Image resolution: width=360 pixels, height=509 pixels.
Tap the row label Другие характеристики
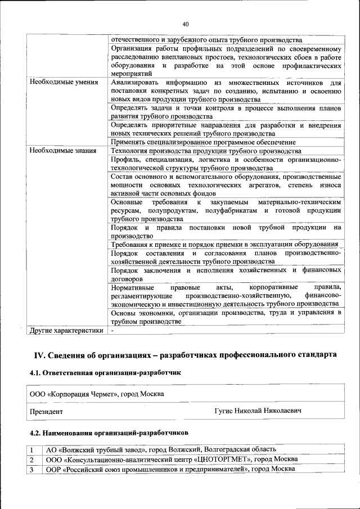tap(67, 330)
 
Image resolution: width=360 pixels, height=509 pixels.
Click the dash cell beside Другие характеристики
tap(112, 330)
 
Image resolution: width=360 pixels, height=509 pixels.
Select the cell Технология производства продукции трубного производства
tap(206, 151)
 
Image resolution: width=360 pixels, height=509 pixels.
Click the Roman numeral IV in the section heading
tap(39, 354)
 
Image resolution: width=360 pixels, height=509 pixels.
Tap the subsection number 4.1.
tap(35, 372)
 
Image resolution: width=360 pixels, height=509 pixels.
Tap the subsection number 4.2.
tap(35, 433)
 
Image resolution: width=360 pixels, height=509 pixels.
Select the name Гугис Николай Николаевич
tap(258, 412)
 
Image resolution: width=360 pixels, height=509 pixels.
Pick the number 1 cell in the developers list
tap(33, 449)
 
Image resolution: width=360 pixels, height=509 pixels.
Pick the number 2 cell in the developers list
tap(33, 460)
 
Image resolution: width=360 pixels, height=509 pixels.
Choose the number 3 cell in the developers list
tap(33, 469)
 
